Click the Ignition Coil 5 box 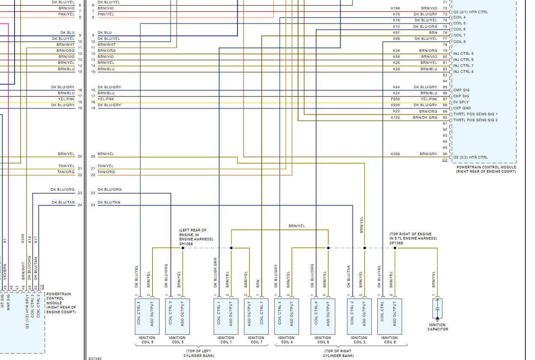147,316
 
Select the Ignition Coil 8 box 390,316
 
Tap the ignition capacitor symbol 438,309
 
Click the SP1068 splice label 186,244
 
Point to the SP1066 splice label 396,243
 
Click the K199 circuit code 395,8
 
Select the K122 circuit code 395,117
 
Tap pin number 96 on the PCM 445,154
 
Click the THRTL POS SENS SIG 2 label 475,120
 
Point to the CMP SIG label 461,90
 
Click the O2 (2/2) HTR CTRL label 471,157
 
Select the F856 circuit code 395,99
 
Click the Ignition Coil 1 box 225,316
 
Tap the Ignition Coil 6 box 323,316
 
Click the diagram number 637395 95,358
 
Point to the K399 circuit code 395,154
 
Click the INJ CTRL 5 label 463,54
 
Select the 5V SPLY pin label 461,102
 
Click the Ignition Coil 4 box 286,316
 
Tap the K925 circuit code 395,105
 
